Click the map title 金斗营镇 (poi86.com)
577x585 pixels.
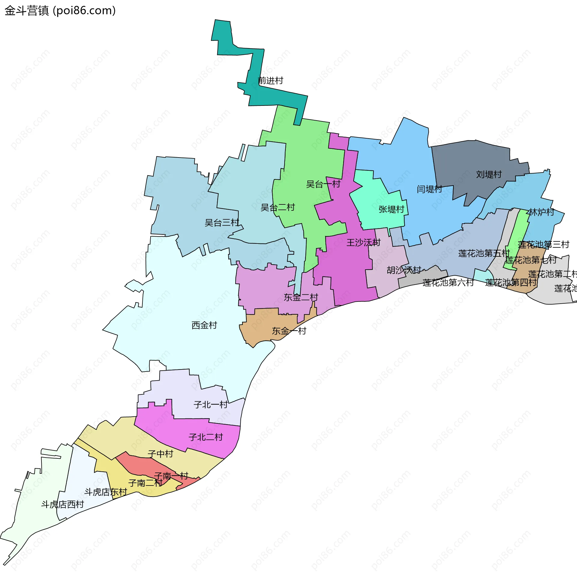[60, 11]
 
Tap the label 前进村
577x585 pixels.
[270, 81]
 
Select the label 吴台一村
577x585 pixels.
[323, 184]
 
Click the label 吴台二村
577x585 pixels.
[278, 207]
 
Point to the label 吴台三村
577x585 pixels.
[222, 223]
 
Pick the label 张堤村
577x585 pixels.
[391, 209]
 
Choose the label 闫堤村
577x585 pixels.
[429, 189]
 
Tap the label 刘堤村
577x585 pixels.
[489, 174]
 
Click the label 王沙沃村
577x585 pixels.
[363, 243]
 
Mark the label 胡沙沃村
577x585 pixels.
[404, 270]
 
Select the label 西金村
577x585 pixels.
[204, 325]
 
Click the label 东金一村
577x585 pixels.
[289, 331]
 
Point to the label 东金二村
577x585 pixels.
[301, 297]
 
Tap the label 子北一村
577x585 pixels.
[210, 405]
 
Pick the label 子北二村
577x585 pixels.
[206, 437]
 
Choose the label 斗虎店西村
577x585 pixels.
[63, 504]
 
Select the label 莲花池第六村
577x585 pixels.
[448, 283]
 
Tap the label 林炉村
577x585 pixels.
[541, 212]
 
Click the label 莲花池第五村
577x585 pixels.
[484, 253]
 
